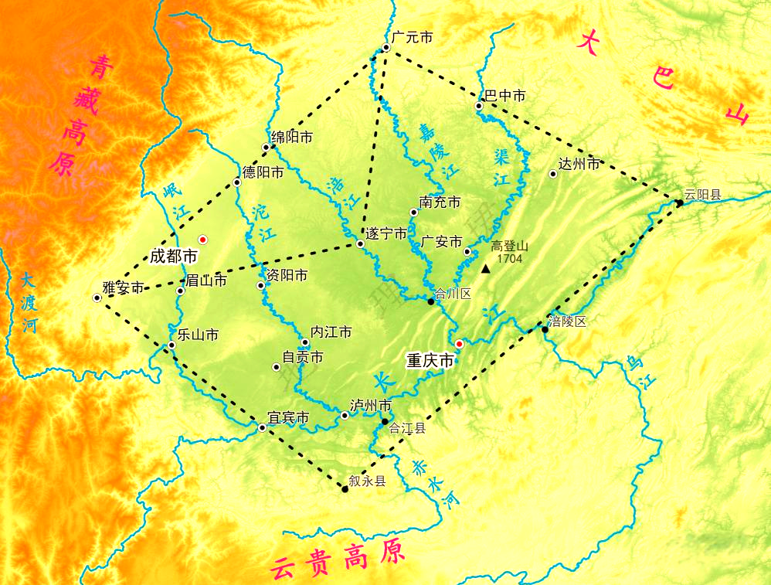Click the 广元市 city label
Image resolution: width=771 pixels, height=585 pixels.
tap(412, 37)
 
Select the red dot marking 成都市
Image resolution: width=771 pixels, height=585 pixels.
tap(203, 240)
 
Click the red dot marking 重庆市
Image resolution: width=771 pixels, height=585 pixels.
tap(459, 344)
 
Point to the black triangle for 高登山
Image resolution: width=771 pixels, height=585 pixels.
tap(486, 268)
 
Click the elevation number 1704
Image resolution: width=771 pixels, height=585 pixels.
tap(511, 258)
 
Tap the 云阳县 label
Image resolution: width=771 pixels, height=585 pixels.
tap(702, 195)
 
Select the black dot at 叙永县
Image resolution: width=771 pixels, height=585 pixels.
tap(345, 488)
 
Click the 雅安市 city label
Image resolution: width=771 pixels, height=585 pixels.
tap(124, 288)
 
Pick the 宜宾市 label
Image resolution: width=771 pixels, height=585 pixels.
tap(288, 419)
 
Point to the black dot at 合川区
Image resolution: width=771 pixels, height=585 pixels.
tap(431, 301)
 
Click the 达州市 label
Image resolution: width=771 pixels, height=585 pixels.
tap(579, 165)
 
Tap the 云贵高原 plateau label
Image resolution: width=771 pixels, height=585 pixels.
tap(337, 559)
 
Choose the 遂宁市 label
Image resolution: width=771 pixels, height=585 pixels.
tap(386, 233)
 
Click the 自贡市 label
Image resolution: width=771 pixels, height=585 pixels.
tap(303, 358)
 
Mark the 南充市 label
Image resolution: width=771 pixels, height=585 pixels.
tap(440, 202)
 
